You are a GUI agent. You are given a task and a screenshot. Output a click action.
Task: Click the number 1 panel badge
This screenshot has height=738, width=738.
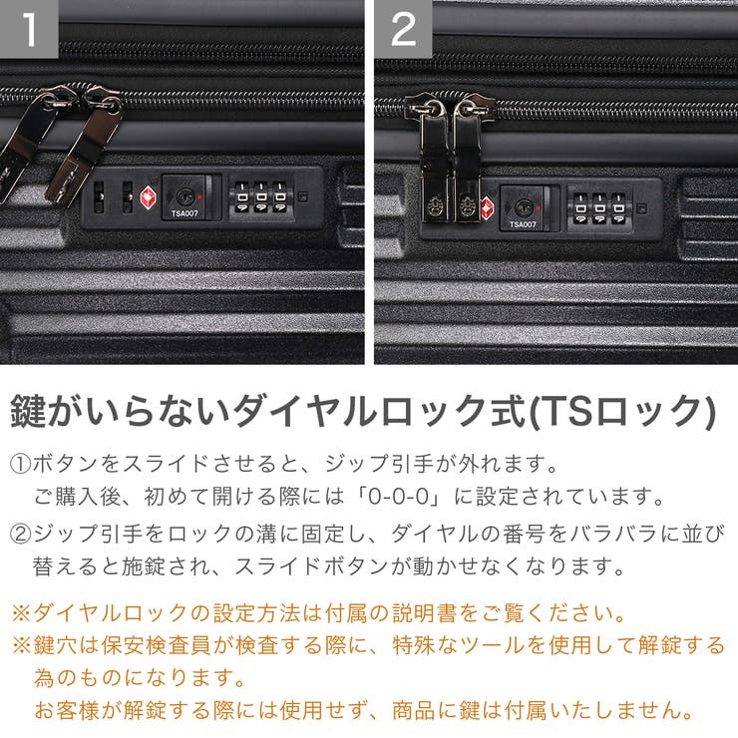tap(30, 29)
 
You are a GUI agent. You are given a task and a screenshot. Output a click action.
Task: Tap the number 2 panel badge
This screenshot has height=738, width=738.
tap(403, 29)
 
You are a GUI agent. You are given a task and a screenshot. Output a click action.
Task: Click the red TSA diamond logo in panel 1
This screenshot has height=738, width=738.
tap(149, 195)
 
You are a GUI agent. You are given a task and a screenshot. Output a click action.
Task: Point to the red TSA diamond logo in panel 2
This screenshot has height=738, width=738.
tap(488, 207)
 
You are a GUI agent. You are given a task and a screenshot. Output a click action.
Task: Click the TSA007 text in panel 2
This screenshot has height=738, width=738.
tap(523, 224)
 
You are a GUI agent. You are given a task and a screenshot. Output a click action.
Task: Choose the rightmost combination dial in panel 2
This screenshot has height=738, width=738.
tap(619, 207)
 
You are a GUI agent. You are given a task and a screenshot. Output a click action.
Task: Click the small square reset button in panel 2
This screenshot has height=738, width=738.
tap(640, 209)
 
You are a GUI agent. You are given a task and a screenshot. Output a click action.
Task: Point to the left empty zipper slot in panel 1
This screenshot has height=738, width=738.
tap(99, 196)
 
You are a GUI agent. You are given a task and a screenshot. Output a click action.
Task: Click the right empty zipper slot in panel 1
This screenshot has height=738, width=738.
tap(127, 196)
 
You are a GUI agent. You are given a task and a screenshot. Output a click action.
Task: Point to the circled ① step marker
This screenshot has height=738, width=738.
tap(21, 464)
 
